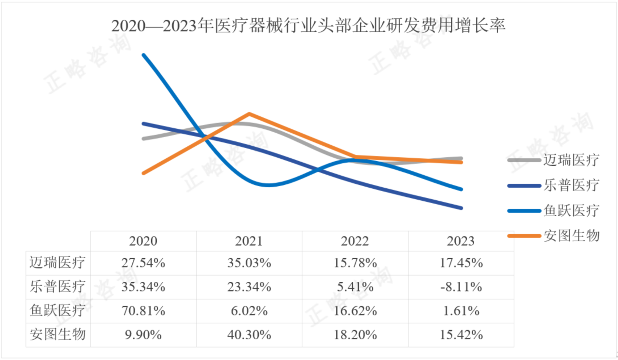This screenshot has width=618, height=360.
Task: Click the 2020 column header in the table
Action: click(143, 241)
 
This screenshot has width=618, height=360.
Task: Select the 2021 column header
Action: click(249, 241)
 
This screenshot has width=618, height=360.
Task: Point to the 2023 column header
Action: click(461, 241)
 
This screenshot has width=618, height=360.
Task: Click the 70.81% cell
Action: click(143, 311)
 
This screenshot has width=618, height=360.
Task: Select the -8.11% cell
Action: click(461, 287)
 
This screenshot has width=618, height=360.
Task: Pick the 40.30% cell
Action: click(249, 334)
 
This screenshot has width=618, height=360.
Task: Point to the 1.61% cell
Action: click(461, 311)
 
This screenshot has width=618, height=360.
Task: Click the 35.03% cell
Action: click(249, 263)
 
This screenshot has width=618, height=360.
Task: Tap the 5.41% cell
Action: click(355, 287)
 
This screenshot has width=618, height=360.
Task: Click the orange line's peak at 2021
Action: click(249, 114)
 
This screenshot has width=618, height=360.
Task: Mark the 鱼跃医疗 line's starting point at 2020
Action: click(143, 55)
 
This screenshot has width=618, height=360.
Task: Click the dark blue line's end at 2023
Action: click(461, 208)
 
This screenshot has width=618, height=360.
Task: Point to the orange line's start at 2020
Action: click(143, 173)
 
